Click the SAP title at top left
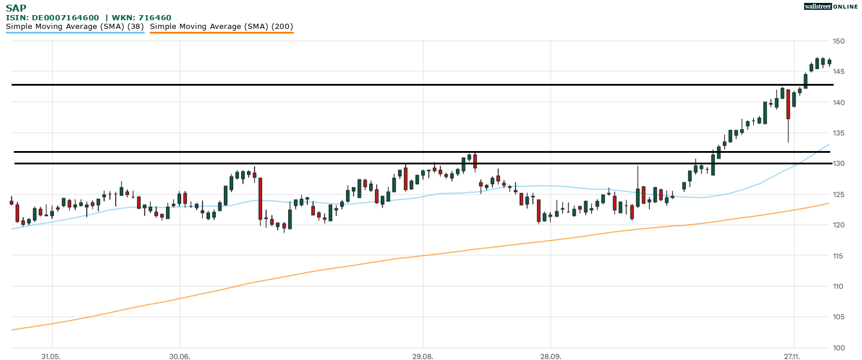[x=16, y=8]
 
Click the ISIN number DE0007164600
[x=65, y=18]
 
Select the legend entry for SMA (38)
[x=75, y=27]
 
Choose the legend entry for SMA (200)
[x=222, y=27]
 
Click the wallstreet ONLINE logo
[x=831, y=6]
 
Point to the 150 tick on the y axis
[x=839, y=41]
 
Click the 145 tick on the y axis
[x=839, y=72]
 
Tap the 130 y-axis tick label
[x=839, y=164]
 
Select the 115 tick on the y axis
[x=839, y=256]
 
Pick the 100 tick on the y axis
[x=839, y=348]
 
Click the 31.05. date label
[x=51, y=356]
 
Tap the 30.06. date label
[x=180, y=356]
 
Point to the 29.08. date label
[x=423, y=356]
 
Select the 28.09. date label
[x=551, y=356]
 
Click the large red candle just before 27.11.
[x=788, y=104]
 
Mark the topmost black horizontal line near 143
[x=405, y=85]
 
